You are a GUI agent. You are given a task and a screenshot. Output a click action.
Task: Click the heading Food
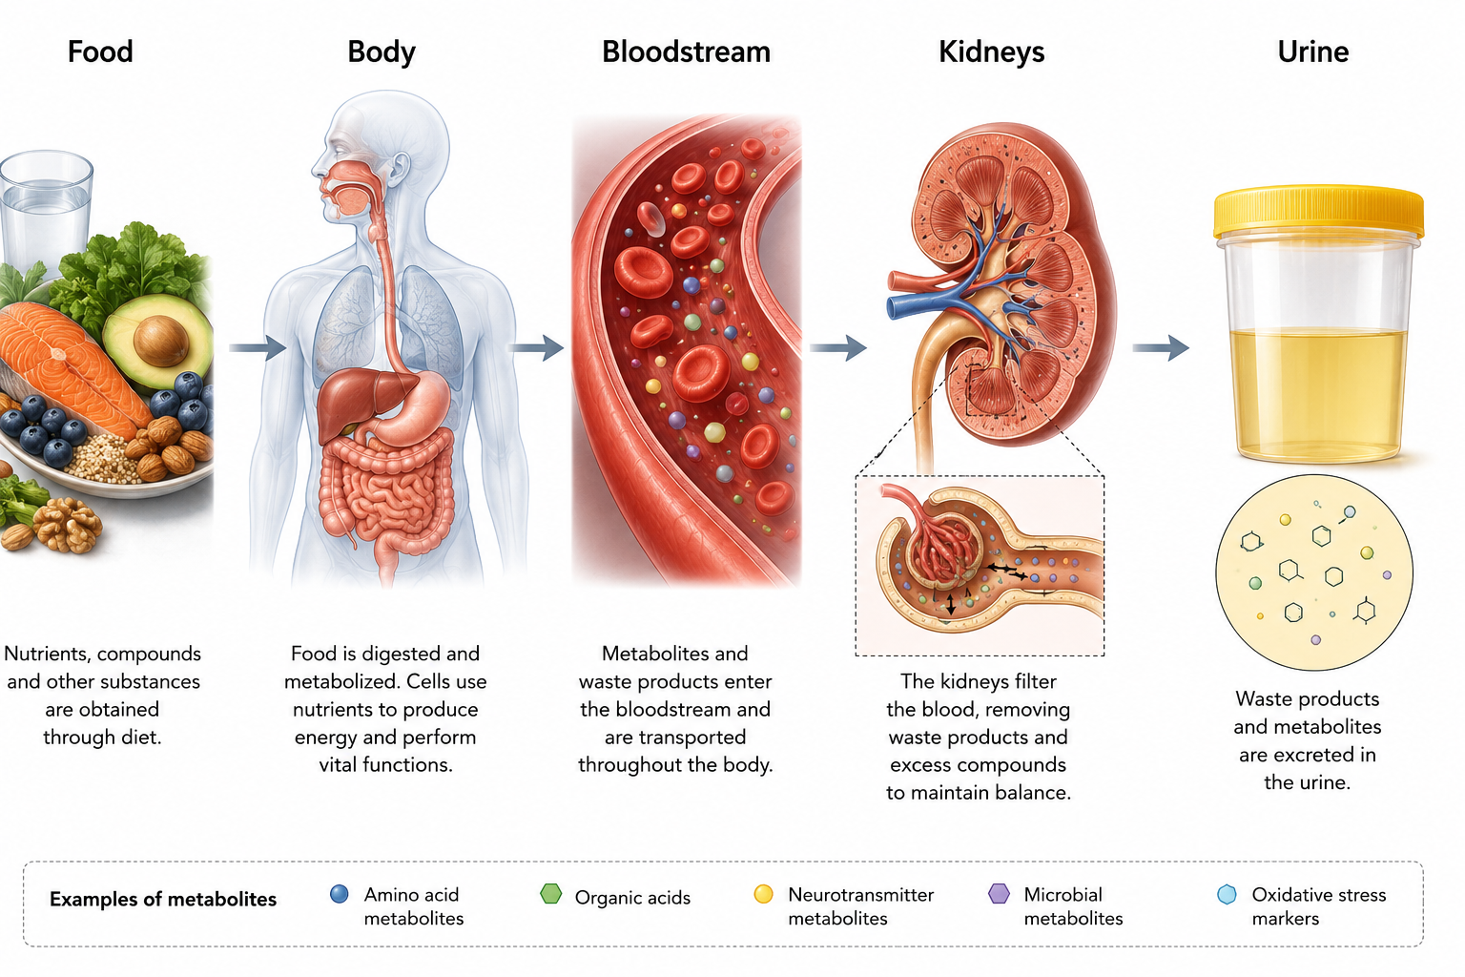[100, 52]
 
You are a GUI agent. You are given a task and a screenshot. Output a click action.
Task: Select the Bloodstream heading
[686, 52]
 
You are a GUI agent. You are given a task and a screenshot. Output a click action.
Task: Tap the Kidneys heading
[992, 52]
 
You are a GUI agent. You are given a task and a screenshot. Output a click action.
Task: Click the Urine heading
[1312, 52]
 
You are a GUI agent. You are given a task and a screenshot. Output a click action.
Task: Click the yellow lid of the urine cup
[1318, 211]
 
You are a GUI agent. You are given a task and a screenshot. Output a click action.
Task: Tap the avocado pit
[161, 341]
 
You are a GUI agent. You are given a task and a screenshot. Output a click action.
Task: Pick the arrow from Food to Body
[258, 347]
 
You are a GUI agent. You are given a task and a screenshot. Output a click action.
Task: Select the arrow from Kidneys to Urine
[1161, 347]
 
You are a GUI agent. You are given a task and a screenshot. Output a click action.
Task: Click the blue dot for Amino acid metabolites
[339, 894]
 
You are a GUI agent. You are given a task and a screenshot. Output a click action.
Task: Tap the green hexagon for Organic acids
[550, 894]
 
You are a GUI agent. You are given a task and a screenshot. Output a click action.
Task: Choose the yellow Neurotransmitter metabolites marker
[763, 894]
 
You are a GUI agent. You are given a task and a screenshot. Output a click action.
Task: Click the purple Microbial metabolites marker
[999, 894]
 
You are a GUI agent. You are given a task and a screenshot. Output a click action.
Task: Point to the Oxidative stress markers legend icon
[1227, 895]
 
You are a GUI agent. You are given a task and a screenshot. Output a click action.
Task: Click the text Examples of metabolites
[163, 899]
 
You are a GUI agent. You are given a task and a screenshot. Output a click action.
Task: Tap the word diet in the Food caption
[137, 738]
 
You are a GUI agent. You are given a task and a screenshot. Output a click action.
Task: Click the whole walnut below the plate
[68, 523]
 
